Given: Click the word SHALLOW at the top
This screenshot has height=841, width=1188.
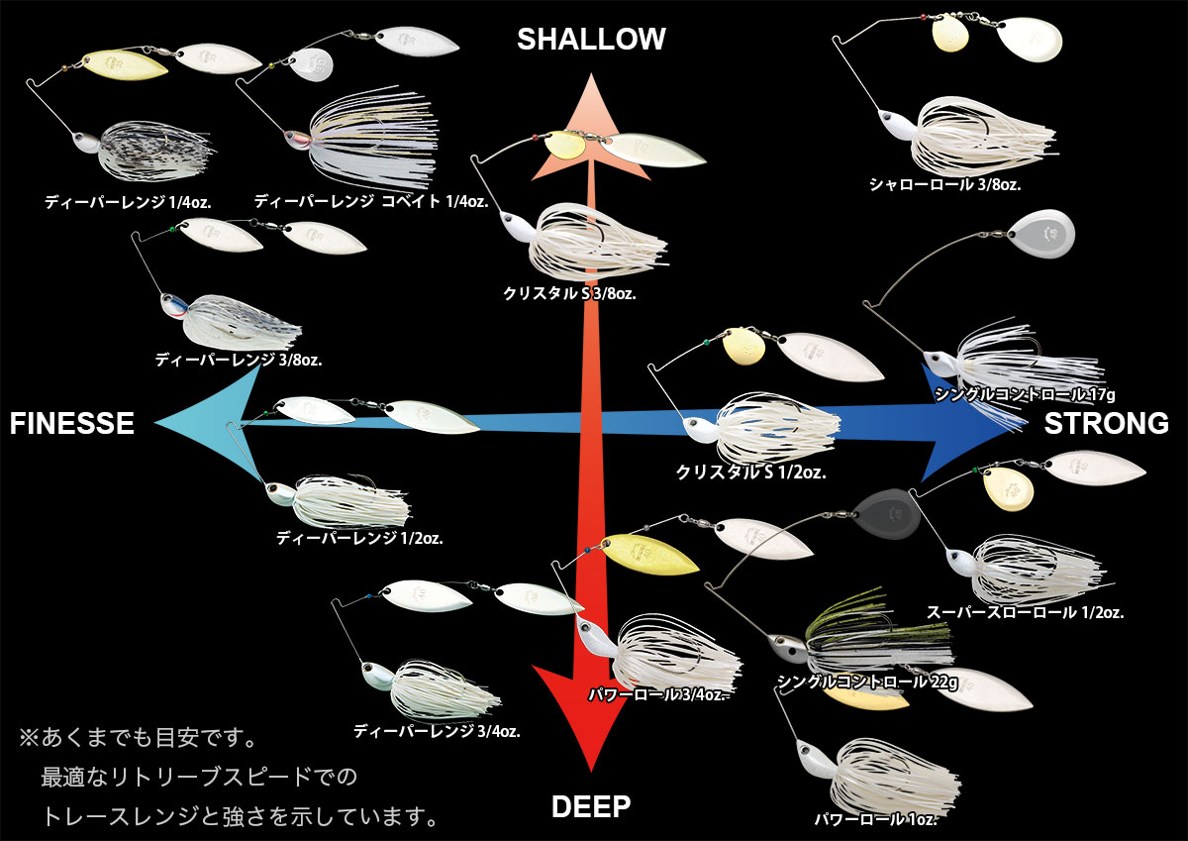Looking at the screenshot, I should click(591, 39).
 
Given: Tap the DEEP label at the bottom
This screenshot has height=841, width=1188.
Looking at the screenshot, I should click(591, 806).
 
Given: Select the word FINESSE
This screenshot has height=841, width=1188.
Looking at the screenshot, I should click(72, 424).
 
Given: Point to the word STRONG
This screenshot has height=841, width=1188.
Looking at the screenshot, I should click(1107, 424).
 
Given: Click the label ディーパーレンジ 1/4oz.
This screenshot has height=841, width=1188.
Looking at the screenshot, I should click(128, 202).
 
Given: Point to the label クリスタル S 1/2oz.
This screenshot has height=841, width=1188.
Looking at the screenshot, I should click(750, 473).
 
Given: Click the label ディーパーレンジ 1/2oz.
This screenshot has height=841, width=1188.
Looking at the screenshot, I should click(359, 539).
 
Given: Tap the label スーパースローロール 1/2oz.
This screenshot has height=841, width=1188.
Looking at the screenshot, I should click(1025, 613).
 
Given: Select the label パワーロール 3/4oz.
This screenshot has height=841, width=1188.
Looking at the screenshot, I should click(658, 694).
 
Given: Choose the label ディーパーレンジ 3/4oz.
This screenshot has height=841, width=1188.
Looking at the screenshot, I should click(437, 732).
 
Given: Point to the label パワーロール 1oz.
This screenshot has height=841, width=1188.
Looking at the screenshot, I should click(875, 819).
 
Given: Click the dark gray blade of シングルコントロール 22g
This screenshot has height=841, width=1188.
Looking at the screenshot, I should click(888, 512).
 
